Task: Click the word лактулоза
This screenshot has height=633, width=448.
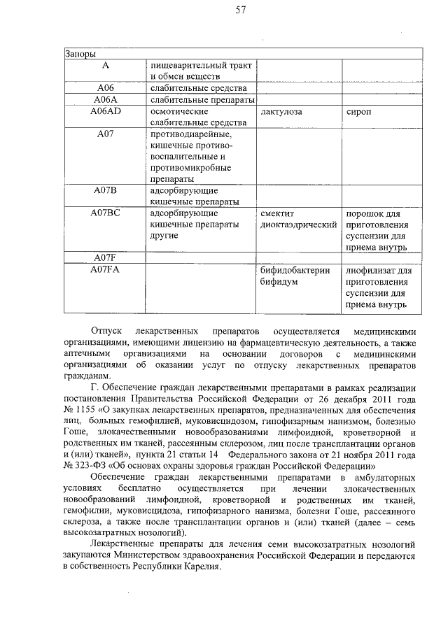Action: (283, 112)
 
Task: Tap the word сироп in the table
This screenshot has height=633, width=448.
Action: (358, 112)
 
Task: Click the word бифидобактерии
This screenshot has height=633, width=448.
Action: (295, 270)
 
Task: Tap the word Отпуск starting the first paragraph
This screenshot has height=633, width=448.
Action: (107, 331)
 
